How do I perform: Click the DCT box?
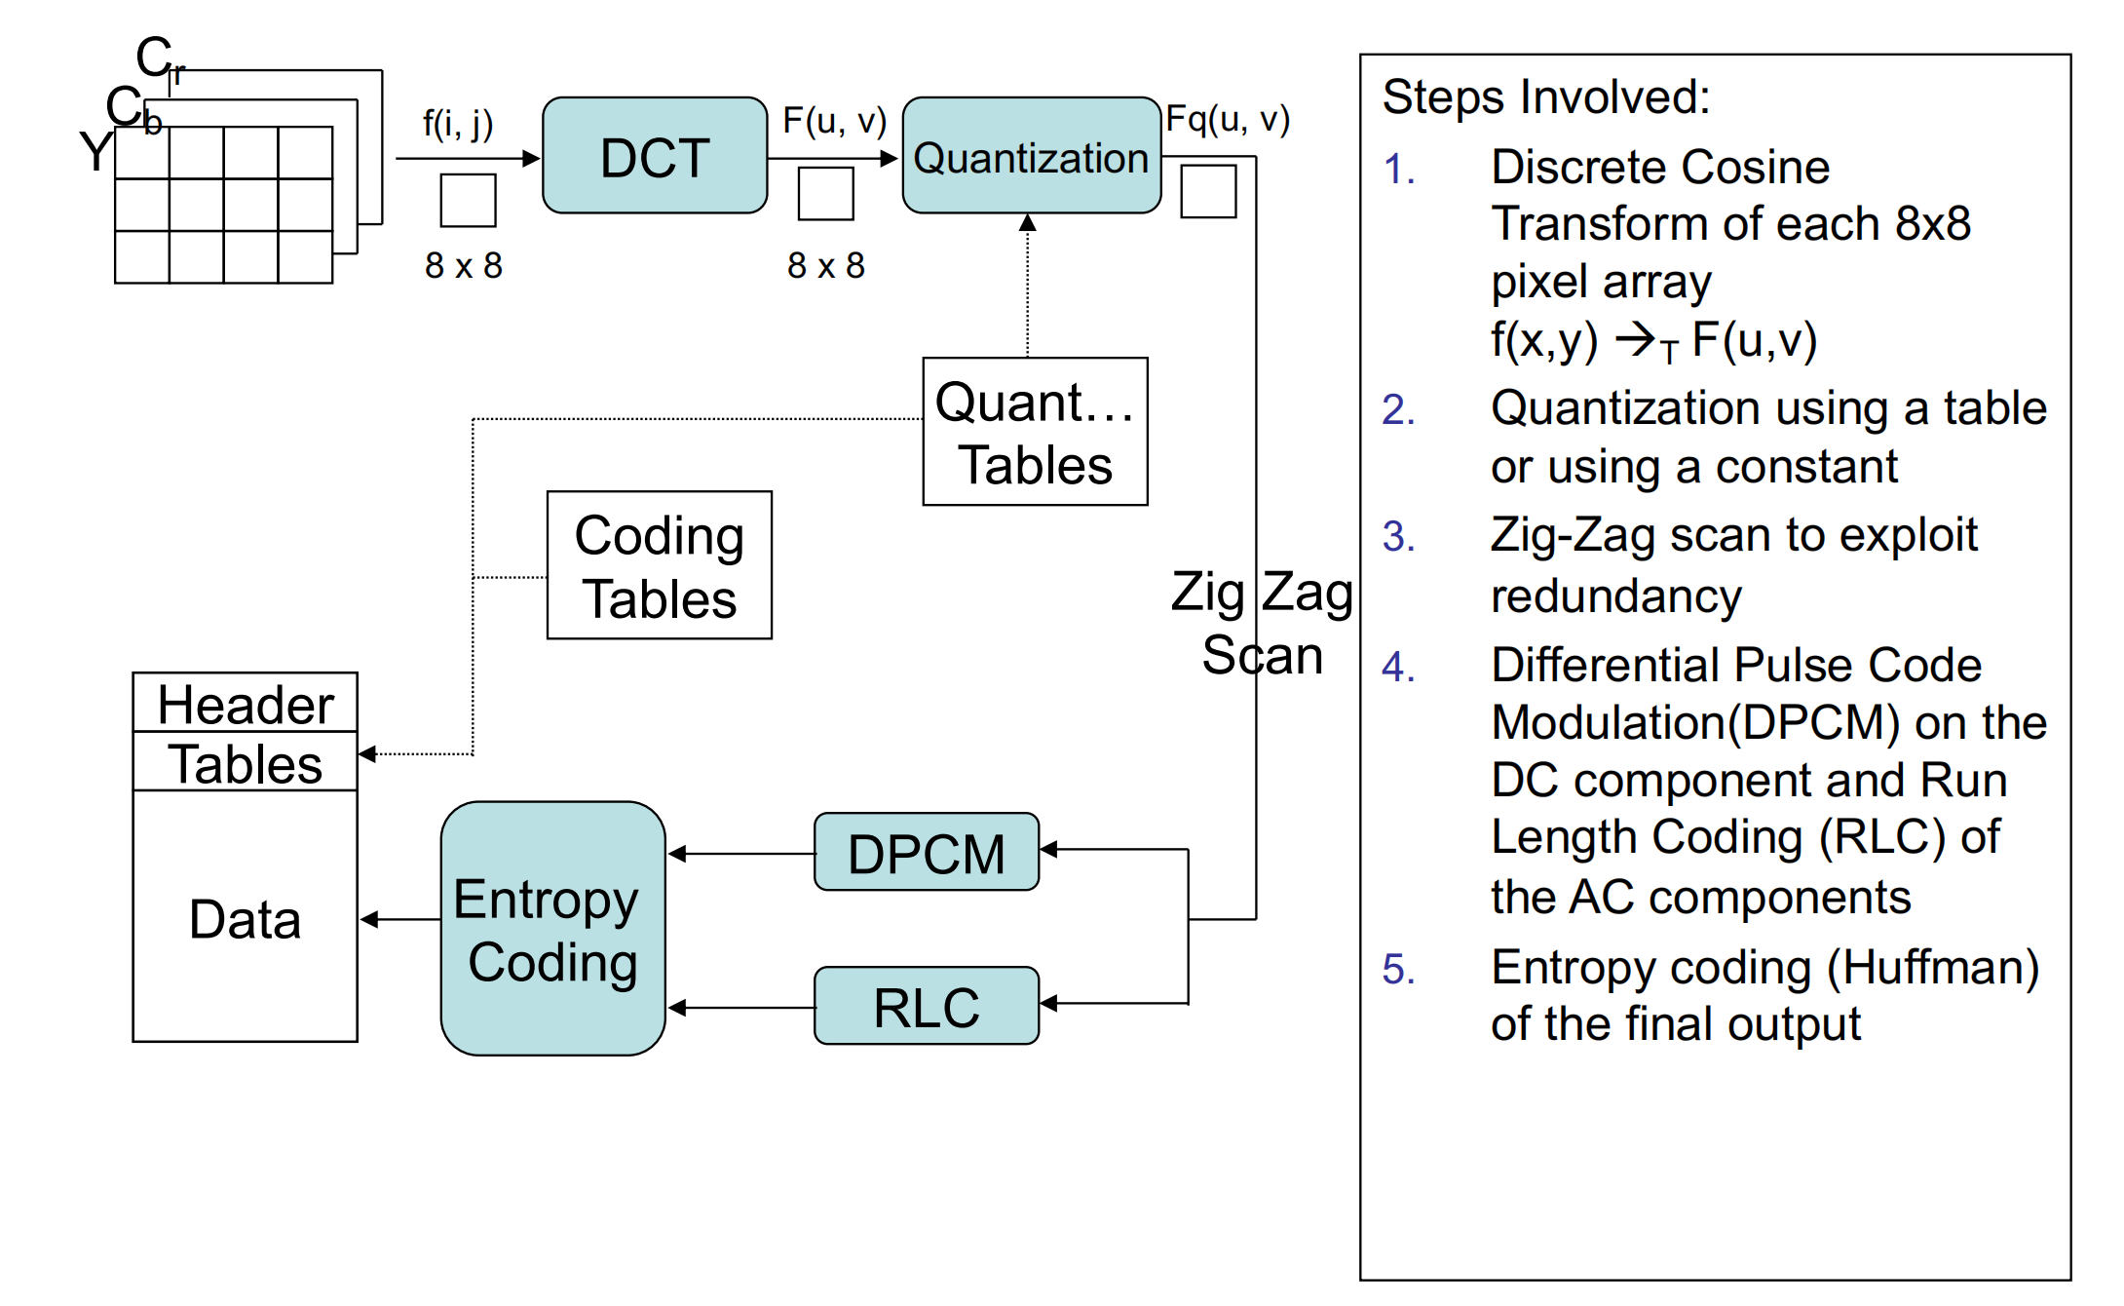pos(655,156)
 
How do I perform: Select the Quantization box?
pos(1031,156)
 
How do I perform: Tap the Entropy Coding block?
pos(552,929)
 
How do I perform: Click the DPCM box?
pos(926,853)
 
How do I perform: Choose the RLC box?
pos(926,1006)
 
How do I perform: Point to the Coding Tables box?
pos(660,565)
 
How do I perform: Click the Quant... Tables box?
pos(1035,432)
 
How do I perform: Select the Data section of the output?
pos(246,918)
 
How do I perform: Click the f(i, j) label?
pos(458,124)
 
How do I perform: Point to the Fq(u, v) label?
pos(1228,119)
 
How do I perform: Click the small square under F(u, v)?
pos(826,193)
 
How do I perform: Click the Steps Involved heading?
pos(1546,97)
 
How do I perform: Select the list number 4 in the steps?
pos(1398,668)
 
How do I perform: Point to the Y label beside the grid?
pos(95,152)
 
